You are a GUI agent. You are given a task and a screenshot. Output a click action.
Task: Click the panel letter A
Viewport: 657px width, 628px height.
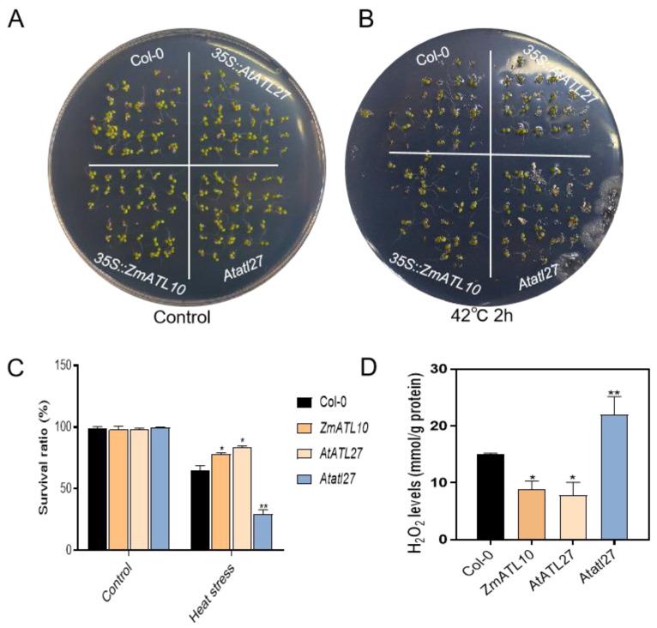15,19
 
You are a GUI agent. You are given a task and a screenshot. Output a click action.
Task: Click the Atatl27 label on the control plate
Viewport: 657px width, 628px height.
229,276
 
